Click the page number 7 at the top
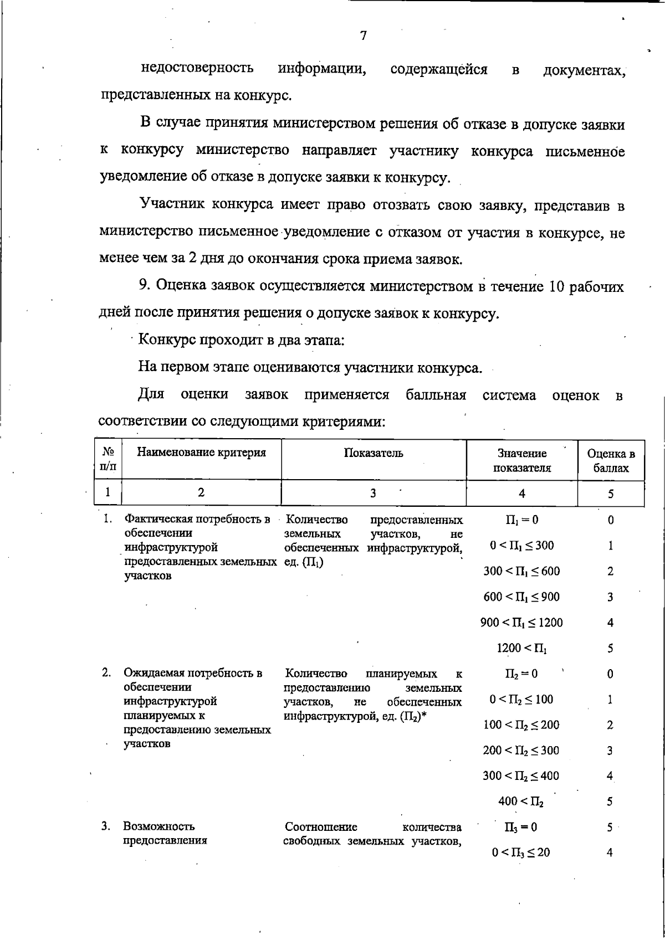pyautogui.click(x=363, y=36)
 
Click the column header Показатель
pyautogui.click(x=374, y=453)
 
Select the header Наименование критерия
pyautogui.click(x=201, y=453)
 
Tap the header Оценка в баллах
pyautogui.click(x=611, y=461)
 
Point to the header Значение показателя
pyautogui.click(x=522, y=461)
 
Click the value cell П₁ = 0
pyautogui.click(x=521, y=520)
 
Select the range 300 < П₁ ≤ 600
pyautogui.click(x=521, y=571)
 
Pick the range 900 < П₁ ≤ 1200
pyautogui.click(x=521, y=623)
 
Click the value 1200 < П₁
pyautogui.click(x=522, y=648)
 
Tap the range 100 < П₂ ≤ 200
pyautogui.click(x=521, y=725)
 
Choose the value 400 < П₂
pyautogui.click(x=521, y=802)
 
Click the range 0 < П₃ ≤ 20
pyautogui.click(x=521, y=853)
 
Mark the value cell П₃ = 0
pyautogui.click(x=521, y=828)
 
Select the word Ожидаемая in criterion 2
pyautogui.click(x=155, y=674)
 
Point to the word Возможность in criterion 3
pyautogui.click(x=159, y=827)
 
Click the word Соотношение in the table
pyautogui.click(x=321, y=828)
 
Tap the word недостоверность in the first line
pyautogui.click(x=197, y=68)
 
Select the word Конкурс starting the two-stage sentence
pyautogui.click(x=166, y=340)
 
